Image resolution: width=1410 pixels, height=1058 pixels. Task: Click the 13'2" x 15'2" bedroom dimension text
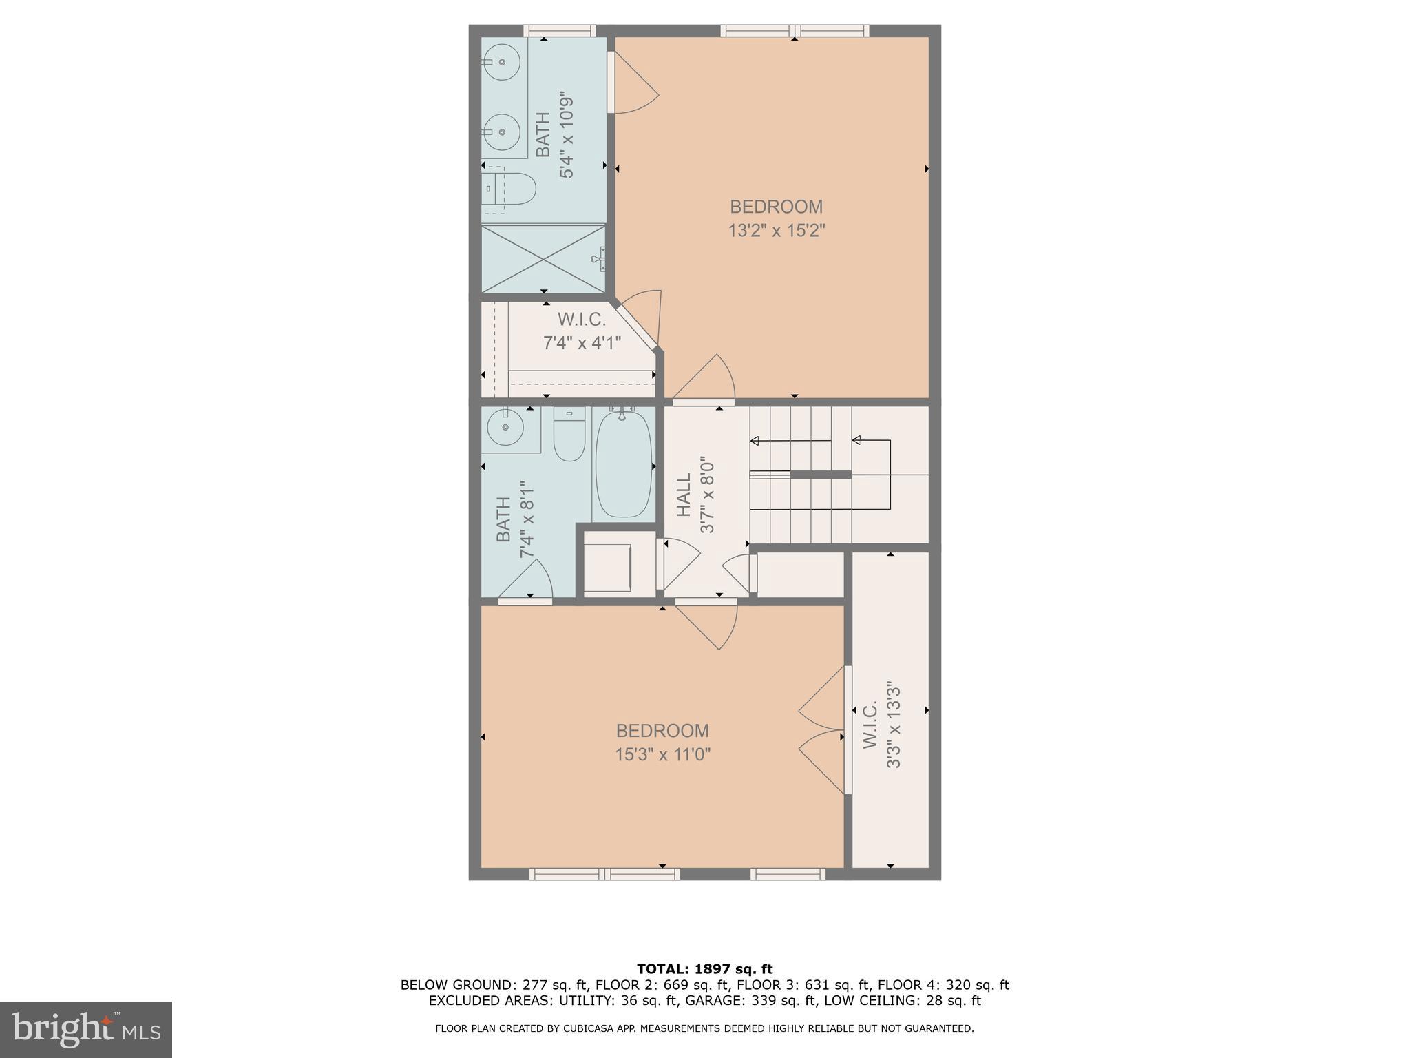pyautogui.click(x=776, y=230)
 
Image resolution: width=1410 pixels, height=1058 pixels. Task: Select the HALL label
pyautogui.click(x=683, y=495)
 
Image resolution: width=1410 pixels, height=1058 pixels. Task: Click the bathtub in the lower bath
pyautogui.click(x=624, y=463)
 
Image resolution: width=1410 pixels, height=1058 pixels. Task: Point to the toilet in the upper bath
pyautogui.click(x=510, y=189)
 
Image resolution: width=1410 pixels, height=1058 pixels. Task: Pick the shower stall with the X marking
pyautogui.click(x=543, y=259)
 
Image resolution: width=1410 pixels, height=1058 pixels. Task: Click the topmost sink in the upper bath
pyautogui.click(x=502, y=63)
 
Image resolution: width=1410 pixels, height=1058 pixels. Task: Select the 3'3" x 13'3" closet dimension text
pyautogui.click(x=893, y=725)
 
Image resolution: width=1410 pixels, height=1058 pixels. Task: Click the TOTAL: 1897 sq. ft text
pyautogui.click(x=704, y=969)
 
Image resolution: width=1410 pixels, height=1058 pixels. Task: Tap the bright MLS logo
pyautogui.click(x=85, y=1030)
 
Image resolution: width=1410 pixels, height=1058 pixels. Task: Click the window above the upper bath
pyautogui.click(x=559, y=30)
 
